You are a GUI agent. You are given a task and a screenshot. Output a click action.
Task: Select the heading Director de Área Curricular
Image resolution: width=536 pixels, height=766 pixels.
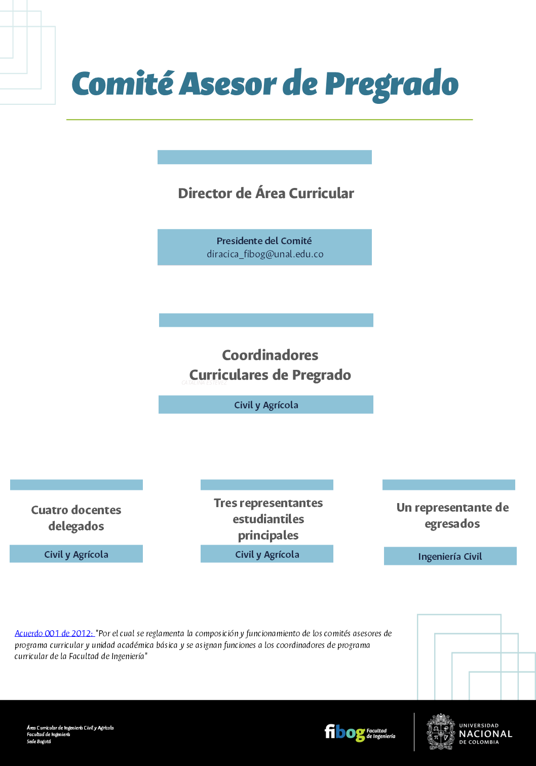(x=266, y=194)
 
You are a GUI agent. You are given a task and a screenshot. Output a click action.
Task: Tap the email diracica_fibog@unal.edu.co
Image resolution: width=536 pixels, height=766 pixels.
(x=265, y=254)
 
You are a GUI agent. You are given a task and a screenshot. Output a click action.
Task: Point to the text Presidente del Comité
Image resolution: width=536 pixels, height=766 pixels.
(x=264, y=241)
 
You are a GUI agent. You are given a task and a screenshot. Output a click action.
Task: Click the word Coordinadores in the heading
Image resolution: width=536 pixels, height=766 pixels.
(x=270, y=355)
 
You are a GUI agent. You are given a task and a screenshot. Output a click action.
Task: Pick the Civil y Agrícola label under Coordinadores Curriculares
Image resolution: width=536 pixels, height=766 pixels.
(x=266, y=405)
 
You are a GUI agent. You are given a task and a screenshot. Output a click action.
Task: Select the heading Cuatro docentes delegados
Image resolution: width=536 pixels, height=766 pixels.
(x=76, y=518)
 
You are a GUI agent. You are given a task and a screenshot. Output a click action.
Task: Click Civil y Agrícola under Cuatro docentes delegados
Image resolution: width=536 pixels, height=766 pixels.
(x=76, y=554)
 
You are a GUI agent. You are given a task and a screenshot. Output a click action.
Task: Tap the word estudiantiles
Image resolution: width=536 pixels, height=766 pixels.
(x=268, y=519)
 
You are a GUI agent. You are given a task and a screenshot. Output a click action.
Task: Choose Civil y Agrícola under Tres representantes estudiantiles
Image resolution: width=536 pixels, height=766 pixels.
(x=267, y=554)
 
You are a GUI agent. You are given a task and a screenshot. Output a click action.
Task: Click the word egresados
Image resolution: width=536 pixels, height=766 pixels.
(x=452, y=524)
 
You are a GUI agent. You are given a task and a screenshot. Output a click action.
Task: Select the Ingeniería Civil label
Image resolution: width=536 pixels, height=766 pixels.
(x=450, y=556)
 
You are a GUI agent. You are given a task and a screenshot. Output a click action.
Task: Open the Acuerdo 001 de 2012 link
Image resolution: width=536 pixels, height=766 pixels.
(x=54, y=633)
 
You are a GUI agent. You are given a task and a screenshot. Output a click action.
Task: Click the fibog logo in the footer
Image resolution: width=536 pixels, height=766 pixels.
(x=344, y=733)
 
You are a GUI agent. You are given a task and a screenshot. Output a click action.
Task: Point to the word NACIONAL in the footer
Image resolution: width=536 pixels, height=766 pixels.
(x=485, y=734)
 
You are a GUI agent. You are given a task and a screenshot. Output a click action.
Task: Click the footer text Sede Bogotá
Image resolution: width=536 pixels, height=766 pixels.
(x=39, y=742)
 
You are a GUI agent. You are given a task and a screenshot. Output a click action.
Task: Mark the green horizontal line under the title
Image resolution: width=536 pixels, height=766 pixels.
(x=269, y=120)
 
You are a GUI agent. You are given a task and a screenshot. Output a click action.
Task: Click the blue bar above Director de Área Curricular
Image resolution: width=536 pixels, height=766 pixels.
(x=264, y=157)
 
